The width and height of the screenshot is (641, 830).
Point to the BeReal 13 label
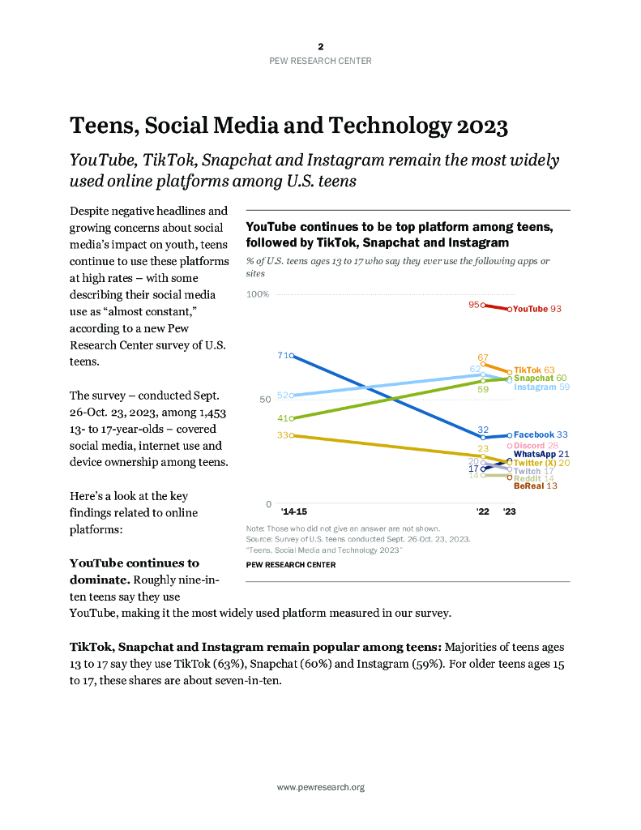click(x=535, y=486)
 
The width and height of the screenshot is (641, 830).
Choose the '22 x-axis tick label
click(x=483, y=512)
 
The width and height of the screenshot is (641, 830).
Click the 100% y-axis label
click(x=258, y=294)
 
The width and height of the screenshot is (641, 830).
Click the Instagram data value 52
click(x=283, y=396)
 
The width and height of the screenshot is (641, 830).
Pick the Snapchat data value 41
click(x=283, y=418)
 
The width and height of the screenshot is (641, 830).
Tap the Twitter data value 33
click(x=283, y=435)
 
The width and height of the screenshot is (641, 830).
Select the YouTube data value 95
click(x=474, y=305)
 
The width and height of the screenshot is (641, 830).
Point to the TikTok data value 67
click(x=483, y=357)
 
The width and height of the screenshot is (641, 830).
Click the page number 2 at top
click(x=320, y=47)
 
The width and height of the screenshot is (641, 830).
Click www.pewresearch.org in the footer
click(x=320, y=787)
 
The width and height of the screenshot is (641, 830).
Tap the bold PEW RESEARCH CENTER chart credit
click(x=290, y=565)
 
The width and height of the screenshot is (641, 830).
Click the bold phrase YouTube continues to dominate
click(x=134, y=563)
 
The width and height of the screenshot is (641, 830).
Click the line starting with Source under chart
click(x=357, y=539)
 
